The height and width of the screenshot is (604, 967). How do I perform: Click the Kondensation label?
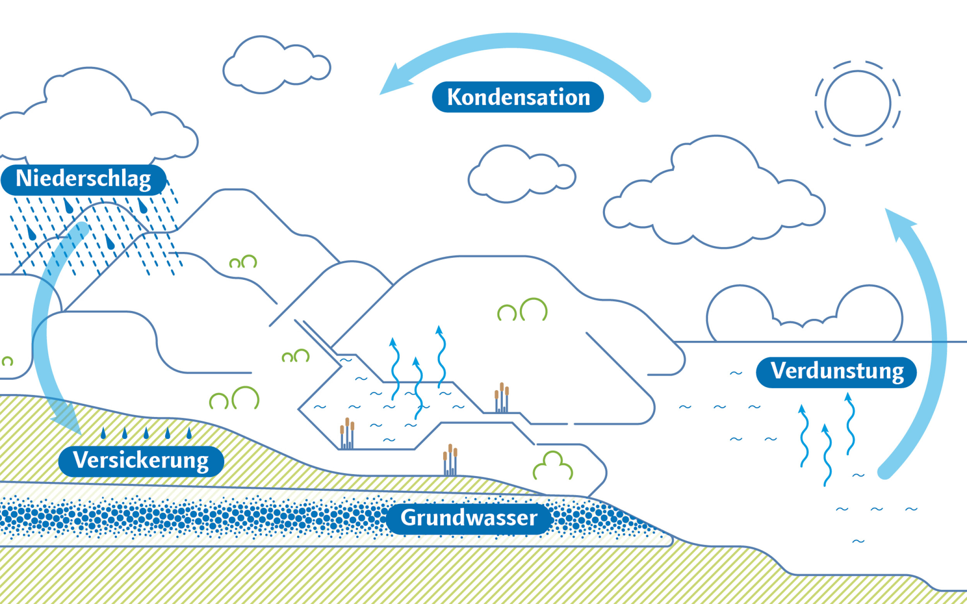(518, 97)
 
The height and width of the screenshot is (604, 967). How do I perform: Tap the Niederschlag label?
(84, 179)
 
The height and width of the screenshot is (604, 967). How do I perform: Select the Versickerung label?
(141, 461)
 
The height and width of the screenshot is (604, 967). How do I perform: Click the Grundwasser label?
(469, 518)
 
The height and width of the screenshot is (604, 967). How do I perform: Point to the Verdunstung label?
(837, 371)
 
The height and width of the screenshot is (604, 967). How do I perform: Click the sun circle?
(858, 104)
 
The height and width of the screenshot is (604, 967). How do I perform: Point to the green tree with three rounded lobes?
(553, 466)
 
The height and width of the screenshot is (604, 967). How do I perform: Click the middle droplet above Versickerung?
(146, 433)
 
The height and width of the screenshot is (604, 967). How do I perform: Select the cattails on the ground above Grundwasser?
(450, 460)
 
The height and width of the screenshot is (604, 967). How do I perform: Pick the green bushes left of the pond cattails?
(234, 398)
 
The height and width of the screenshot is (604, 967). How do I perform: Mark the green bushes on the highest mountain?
(243, 262)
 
